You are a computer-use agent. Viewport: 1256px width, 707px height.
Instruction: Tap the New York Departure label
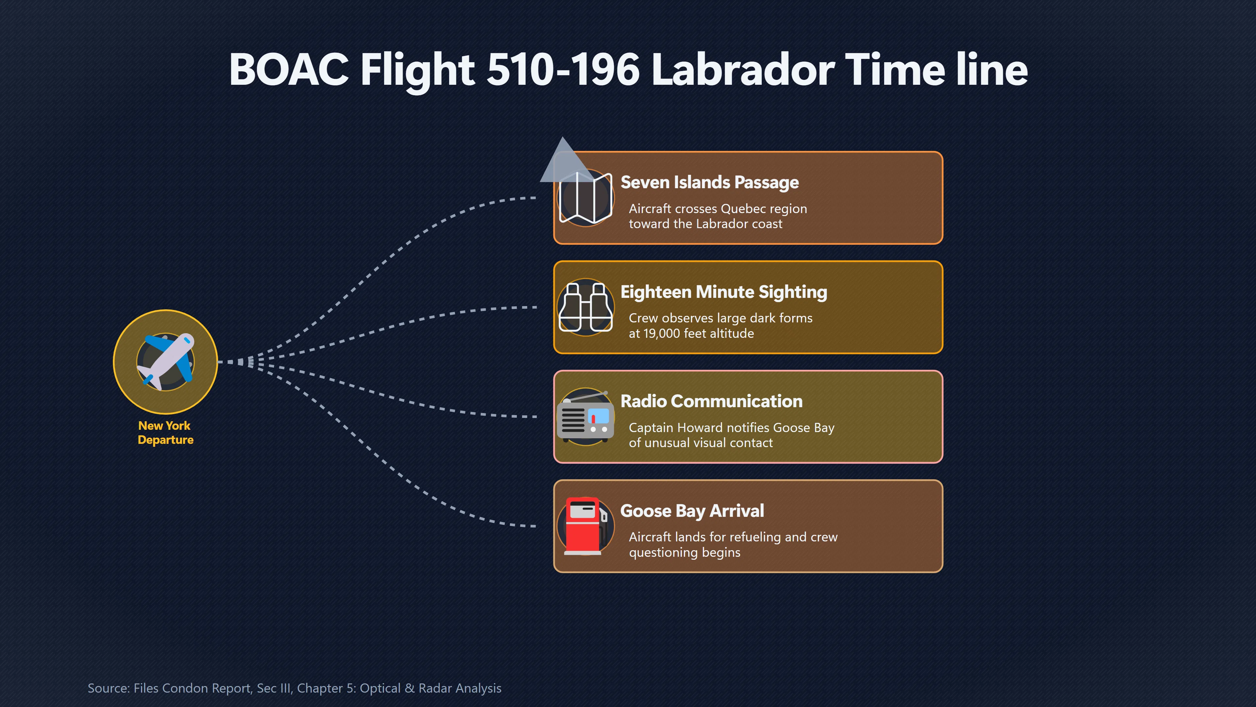click(x=165, y=433)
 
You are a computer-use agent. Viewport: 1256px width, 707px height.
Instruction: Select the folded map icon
click(x=585, y=198)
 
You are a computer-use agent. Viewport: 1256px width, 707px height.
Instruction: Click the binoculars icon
click(x=585, y=307)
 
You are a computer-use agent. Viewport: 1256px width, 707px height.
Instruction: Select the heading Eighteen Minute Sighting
click(x=724, y=292)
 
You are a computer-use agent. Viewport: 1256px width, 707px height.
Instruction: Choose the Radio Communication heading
click(x=711, y=401)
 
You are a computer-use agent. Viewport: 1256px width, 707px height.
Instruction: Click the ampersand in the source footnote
click(x=410, y=688)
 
